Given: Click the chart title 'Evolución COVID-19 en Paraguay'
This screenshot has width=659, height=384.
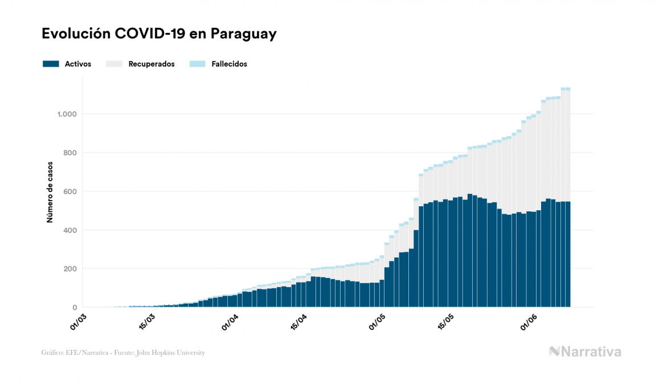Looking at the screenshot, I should tap(159, 34).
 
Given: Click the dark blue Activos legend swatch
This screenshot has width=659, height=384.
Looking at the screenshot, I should tap(51, 64).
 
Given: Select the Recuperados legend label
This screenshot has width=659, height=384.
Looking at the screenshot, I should tap(152, 64).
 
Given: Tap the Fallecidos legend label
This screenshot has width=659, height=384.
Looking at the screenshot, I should tap(228, 64).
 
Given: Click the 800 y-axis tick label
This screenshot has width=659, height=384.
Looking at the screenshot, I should tap(69, 153).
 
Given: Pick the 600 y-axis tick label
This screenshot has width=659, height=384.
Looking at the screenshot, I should tap(69, 191).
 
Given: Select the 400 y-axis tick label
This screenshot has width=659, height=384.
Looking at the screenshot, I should tap(69, 230).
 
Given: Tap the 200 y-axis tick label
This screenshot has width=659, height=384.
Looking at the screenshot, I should tap(69, 269).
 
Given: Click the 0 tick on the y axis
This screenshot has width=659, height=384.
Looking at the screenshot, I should tap(74, 308).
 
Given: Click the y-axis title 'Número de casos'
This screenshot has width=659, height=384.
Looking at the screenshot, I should tap(50, 191).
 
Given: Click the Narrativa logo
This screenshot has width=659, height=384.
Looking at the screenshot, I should tap(585, 352).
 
